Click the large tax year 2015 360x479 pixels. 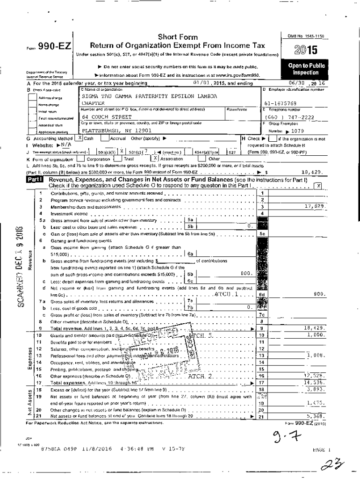click(x=306, y=50)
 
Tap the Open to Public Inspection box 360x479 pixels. click(x=306, y=69)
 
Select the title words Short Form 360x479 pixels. click(x=178, y=37)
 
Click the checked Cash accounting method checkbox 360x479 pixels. click(x=80, y=138)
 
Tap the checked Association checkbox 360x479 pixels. click(x=155, y=159)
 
